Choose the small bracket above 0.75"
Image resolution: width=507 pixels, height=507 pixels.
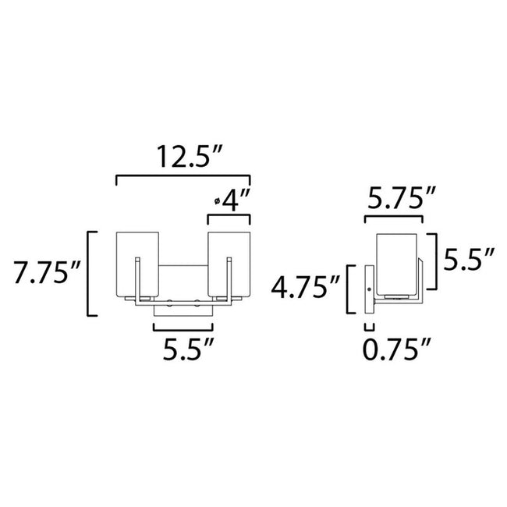point(370,326)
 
